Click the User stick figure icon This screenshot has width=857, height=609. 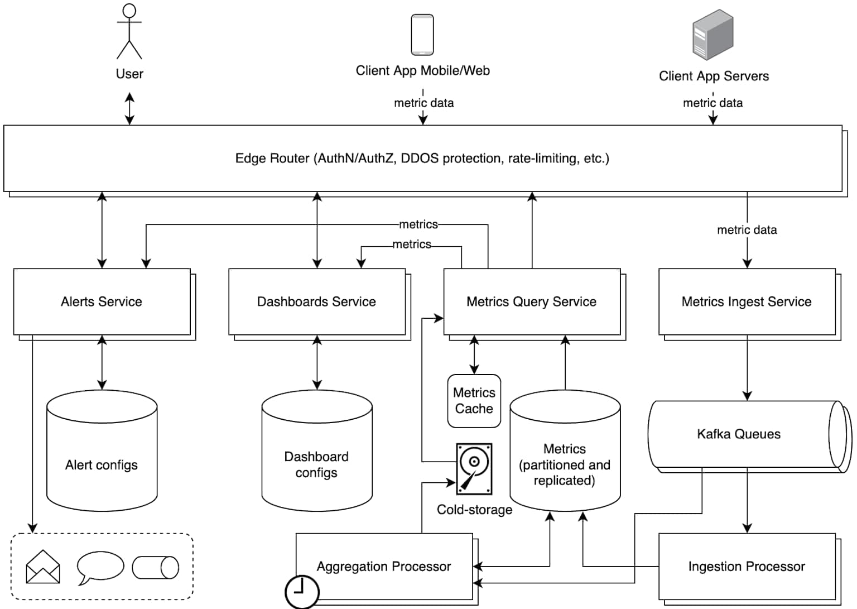click(x=129, y=32)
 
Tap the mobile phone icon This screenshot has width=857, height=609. click(x=422, y=35)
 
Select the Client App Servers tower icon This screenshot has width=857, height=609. click(x=712, y=35)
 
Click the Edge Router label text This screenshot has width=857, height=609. click(x=422, y=159)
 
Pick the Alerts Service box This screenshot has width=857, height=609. click(x=102, y=301)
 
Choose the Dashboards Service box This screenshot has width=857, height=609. click(x=316, y=301)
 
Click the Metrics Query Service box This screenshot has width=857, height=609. click(x=531, y=301)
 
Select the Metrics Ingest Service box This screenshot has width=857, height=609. click(x=747, y=301)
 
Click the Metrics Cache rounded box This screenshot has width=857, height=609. click(x=474, y=401)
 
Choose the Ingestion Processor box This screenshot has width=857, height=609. click(x=747, y=566)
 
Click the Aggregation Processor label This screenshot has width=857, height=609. click(x=383, y=566)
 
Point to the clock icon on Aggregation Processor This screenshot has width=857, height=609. click(x=302, y=591)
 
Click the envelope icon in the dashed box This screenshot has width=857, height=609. click(x=43, y=567)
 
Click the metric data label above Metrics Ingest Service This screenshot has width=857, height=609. click(x=747, y=230)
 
